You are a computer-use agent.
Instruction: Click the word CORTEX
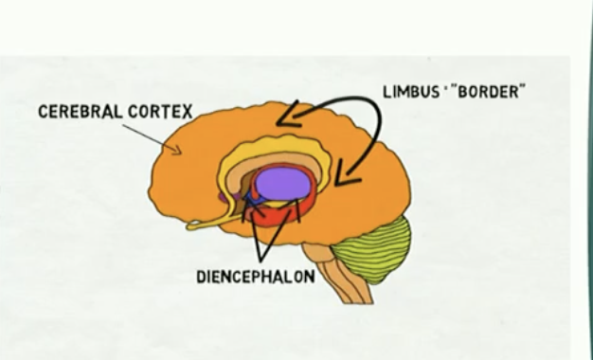(x=162, y=112)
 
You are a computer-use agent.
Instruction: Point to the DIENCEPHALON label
(x=255, y=278)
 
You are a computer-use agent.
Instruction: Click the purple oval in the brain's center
(x=283, y=183)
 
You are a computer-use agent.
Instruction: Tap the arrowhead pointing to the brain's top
(x=288, y=119)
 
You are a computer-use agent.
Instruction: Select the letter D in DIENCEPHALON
(x=201, y=278)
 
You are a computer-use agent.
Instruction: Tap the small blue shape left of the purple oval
(x=249, y=196)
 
